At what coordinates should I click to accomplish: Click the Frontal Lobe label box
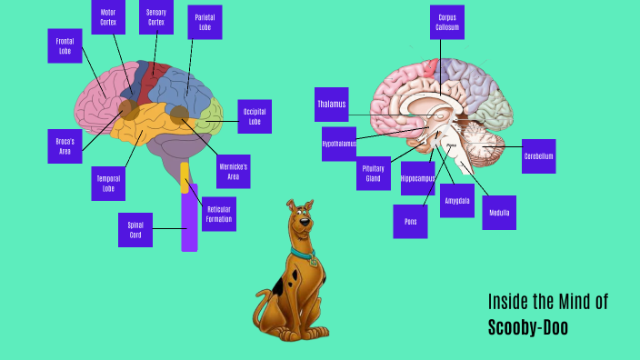65,45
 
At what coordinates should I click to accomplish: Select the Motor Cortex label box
108,16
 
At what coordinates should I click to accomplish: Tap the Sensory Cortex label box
155,16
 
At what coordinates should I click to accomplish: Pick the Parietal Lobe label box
205,22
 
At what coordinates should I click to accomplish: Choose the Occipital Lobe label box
255,116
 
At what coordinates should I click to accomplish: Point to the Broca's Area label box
65,145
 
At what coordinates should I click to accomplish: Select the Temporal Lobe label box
108,185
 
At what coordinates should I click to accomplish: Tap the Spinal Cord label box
135,229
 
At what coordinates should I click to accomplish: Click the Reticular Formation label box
219,214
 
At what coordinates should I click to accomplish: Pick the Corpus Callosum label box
446,22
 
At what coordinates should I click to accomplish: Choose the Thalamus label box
332,105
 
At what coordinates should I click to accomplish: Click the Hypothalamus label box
339,144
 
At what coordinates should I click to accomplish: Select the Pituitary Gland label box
373,173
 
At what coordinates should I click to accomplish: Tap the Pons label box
410,221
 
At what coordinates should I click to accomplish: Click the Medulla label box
499,213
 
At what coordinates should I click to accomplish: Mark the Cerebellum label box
538,156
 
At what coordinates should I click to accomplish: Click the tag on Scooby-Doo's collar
314,261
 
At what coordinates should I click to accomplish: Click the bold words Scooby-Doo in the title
528,327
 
